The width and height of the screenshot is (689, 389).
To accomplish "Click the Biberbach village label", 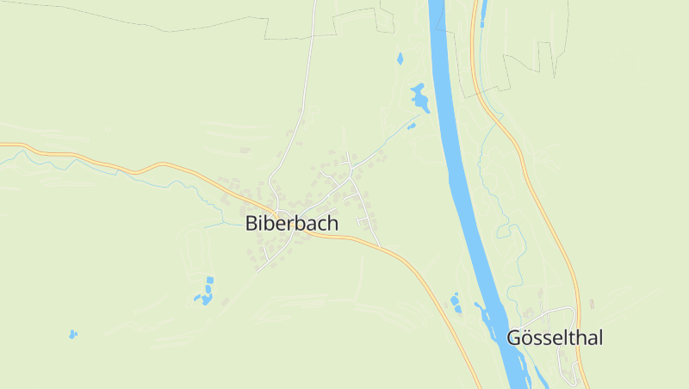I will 292,223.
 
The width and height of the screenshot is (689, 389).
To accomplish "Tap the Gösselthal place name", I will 555,338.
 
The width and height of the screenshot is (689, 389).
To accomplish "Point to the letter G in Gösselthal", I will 515,338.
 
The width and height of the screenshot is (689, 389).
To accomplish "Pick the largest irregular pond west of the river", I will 420,98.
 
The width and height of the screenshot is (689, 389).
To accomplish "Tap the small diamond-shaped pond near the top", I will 400,59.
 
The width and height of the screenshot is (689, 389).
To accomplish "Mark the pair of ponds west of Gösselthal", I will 455,302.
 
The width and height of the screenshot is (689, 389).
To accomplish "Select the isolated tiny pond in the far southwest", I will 72,334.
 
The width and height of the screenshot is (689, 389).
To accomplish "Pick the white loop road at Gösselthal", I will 564,309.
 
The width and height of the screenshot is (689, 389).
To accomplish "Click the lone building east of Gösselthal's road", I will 592,304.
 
